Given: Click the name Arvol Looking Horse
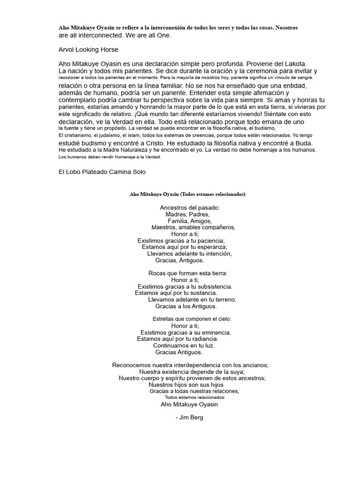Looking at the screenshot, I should (x=88, y=49).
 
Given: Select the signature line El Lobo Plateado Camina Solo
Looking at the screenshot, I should (x=102, y=172).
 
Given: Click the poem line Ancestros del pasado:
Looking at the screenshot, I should (x=189, y=207).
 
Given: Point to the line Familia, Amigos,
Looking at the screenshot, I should (x=189, y=221).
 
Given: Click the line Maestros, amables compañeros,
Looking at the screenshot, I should (x=193, y=227).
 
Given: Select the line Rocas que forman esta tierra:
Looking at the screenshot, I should (x=187, y=273).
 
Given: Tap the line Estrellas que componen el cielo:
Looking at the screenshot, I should (x=192, y=319).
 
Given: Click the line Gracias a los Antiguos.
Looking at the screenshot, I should (x=186, y=306).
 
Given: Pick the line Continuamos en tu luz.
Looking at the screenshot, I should (x=184, y=345).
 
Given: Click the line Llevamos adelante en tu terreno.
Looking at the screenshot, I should (x=192, y=299).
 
